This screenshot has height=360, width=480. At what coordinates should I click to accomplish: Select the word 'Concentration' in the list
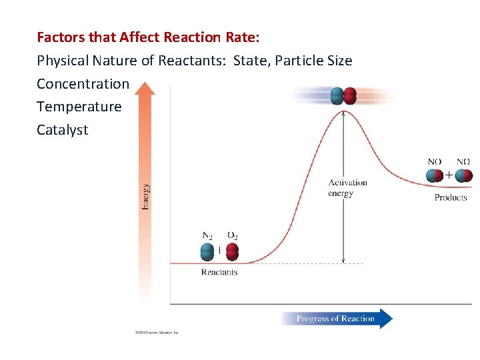click(83, 84)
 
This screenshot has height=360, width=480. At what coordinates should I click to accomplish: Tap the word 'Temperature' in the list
click(79, 107)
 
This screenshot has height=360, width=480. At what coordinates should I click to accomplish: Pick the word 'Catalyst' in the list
click(62, 130)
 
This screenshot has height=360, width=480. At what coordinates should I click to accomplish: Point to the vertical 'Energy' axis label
click(145, 197)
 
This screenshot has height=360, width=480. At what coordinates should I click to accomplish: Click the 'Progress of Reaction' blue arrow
click(336, 319)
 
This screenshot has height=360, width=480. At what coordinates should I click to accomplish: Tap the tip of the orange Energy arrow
click(145, 85)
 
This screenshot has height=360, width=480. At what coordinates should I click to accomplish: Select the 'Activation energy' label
click(347, 188)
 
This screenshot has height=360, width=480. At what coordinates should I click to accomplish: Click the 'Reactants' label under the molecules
click(219, 272)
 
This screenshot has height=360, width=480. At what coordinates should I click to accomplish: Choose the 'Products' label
click(451, 197)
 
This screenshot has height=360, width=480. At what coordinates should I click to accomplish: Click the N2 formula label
click(207, 235)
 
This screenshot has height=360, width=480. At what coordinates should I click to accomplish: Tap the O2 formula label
click(232, 235)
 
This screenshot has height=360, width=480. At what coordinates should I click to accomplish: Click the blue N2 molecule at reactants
click(208, 252)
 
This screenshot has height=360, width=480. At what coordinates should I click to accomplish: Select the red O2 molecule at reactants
click(232, 252)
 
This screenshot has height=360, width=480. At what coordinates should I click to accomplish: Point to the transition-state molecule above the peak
click(343, 96)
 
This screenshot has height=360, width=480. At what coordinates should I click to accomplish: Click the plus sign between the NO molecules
click(449, 175)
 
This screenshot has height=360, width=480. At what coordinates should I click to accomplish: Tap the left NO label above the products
click(434, 161)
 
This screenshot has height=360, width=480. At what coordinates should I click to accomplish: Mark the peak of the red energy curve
click(343, 111)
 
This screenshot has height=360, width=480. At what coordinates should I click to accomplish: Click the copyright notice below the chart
click(156, 332)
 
